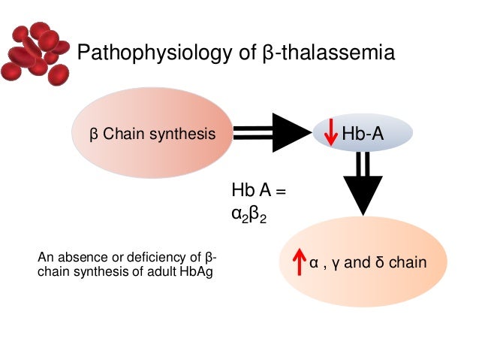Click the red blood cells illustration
coord(35,52)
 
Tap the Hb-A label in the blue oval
coord(363,135)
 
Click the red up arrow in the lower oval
coord(300,263)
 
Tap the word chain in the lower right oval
coord(408,263)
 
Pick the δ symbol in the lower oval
coord(380,263)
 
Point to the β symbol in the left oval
coord(94,135)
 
